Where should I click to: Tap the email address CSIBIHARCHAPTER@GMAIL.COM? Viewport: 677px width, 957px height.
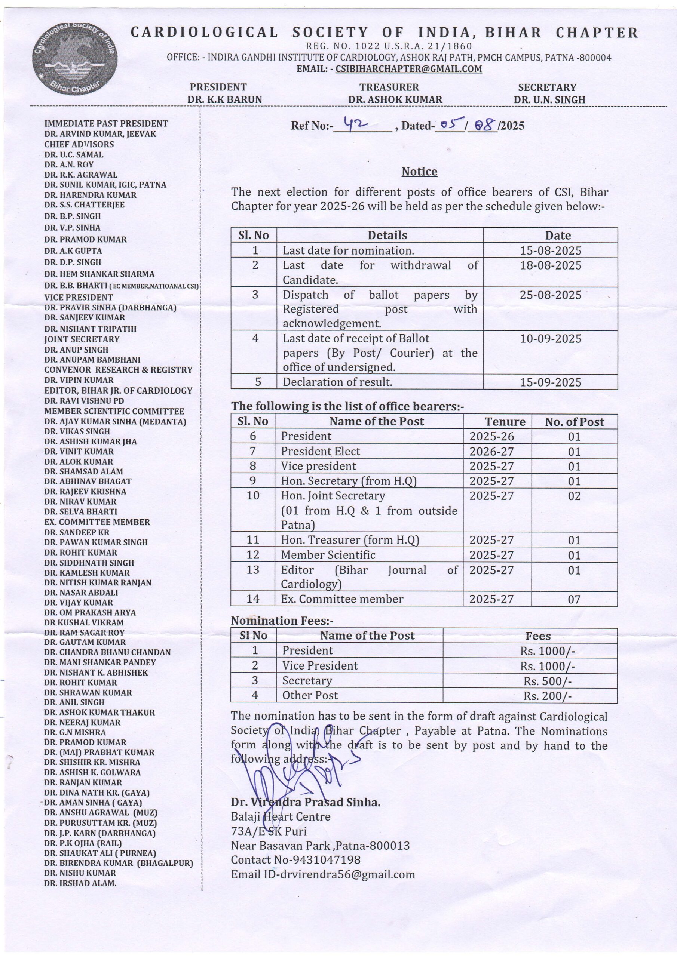[408, 69]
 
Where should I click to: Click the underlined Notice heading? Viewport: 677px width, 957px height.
[419, 172]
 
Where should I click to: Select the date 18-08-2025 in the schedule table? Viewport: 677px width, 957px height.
[550, 265]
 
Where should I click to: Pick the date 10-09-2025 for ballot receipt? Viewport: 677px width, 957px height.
[550, 338]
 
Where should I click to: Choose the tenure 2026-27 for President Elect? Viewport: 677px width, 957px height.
[491, 452]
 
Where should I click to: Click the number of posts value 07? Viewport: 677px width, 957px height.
[574, 599]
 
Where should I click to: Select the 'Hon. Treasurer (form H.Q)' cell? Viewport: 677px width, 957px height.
[350, 540]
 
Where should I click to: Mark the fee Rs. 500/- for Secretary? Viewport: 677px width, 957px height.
[547, 681]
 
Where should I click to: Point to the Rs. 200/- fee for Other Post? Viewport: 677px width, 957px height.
[547, 696]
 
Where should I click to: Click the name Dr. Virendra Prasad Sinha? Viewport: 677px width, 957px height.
[305, 802]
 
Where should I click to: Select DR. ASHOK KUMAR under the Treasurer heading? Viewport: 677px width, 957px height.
[395, 99]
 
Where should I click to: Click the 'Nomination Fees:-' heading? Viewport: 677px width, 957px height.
[282, 621]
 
